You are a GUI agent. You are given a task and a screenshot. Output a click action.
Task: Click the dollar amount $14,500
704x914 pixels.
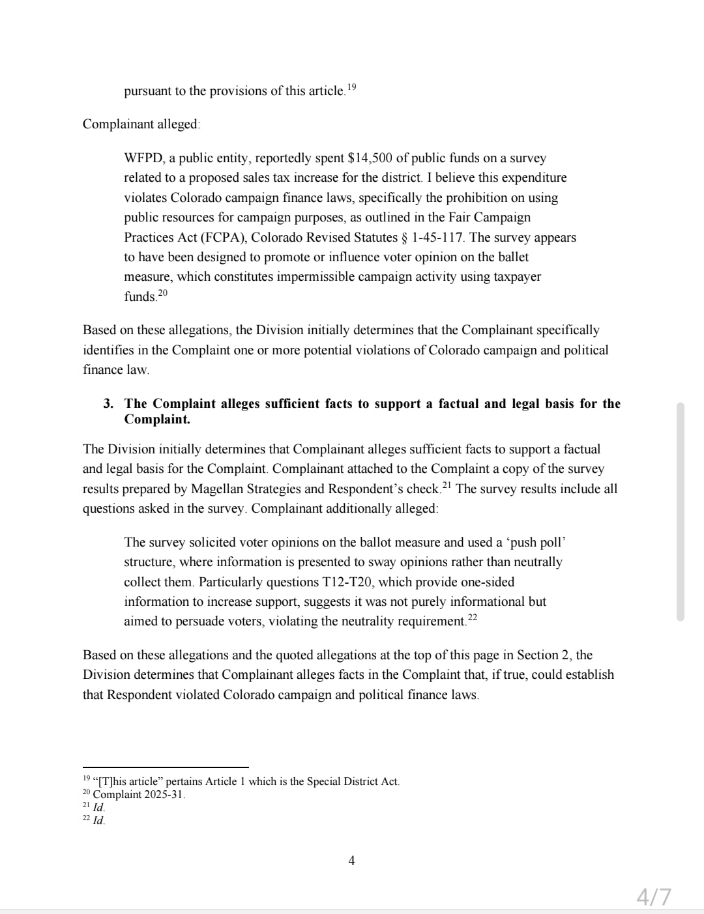tap(370, 158)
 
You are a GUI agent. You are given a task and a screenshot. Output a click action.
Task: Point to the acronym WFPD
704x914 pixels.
tap(143, 158)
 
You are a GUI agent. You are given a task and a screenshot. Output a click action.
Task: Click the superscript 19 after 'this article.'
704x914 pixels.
tap(351, 87)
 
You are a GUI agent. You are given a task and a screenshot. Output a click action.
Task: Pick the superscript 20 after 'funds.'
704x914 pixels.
tap(163, 293)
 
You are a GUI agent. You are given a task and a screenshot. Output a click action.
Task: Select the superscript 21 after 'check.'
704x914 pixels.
tap(447, 485)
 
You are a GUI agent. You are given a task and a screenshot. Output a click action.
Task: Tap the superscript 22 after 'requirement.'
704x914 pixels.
tap(473, 618)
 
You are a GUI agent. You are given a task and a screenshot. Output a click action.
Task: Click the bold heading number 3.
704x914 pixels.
tap(108, 404)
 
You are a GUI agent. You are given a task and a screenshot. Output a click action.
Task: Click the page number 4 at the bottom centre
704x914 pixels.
tap(352, 861)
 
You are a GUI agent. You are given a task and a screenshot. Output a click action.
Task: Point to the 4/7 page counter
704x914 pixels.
tap(653, 897)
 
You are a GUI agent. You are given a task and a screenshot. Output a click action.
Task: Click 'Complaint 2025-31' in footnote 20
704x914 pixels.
tap(139, 795)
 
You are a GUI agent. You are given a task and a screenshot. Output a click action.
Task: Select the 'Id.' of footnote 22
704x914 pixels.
tap(99, 821)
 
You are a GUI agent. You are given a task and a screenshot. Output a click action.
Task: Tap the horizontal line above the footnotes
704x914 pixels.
tap(166, 767)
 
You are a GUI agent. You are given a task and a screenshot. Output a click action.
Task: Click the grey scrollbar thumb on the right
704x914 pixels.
tap(681, 511)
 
